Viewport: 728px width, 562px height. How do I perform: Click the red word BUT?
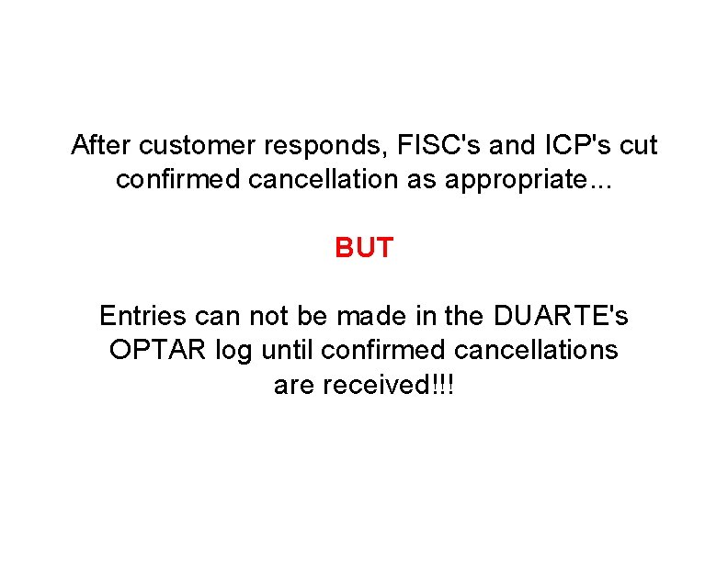[x=364, y=248]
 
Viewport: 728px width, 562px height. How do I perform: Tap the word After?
[x=100, y=145]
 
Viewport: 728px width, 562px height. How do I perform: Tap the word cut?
[x=639, y=145]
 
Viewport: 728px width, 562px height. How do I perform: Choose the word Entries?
[x=144, y=317]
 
